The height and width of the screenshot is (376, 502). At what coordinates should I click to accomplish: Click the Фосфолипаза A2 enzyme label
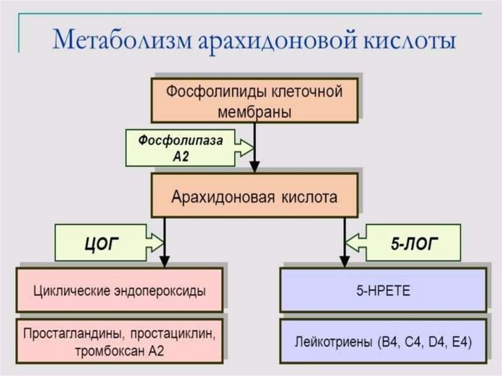click(180, 148)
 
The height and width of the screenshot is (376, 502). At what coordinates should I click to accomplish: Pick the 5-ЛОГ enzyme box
click(413, 243)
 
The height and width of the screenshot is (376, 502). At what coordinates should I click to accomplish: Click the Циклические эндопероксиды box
click(119, 290)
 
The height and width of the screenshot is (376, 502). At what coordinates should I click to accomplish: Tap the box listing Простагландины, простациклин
click(119, 341)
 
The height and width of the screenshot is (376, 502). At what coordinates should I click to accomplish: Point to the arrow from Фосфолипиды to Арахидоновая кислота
click(254, 147)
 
